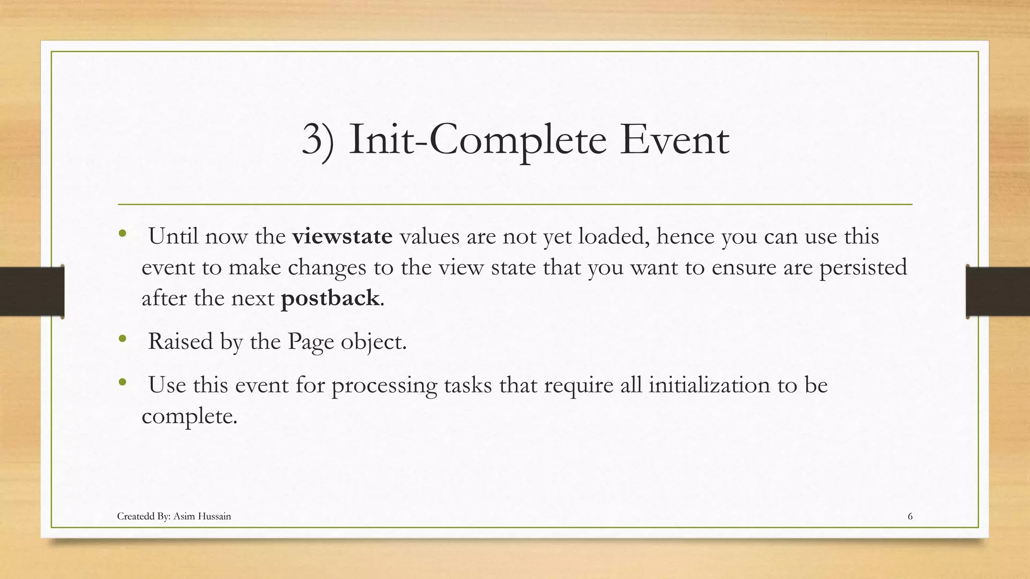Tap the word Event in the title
[674, 140]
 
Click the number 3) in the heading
[318, 140]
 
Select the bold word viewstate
[342, 236]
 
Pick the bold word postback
[330, 298]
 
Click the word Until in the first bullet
[173, 236]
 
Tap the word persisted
[863, 267]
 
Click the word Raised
[180, 342]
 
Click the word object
[373, 342]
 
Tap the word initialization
[709, 385]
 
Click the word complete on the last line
[189, 416]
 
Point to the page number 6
[910, 516]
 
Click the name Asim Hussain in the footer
[202, 516]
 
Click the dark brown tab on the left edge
[31, 292]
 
